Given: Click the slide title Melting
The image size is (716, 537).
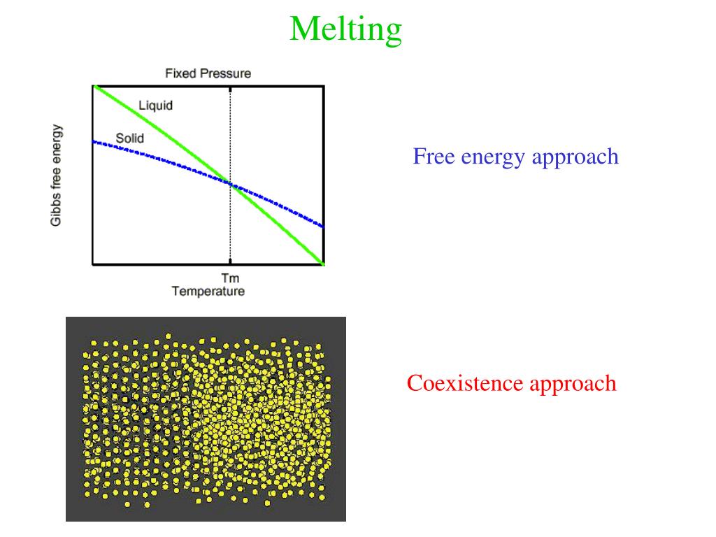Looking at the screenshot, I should (346, 29).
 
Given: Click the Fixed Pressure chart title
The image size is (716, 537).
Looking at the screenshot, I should (208, 73).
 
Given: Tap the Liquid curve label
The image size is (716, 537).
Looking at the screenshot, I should (155, 106).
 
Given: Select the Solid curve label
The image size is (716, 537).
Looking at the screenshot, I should (129, 138).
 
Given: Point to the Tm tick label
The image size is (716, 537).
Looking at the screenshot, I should (230, 279).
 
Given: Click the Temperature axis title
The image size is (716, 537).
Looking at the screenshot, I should (208, 292).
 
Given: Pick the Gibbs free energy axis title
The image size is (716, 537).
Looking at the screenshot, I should (57, 176).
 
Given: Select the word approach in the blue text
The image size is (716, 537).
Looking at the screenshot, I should (575, 157).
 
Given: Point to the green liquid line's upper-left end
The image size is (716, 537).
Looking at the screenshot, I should (95, 87).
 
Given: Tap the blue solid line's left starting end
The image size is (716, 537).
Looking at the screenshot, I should (94, 142).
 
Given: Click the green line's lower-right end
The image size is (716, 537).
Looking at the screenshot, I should (322, 263).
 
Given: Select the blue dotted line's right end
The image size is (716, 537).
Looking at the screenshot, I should (322, 226).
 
